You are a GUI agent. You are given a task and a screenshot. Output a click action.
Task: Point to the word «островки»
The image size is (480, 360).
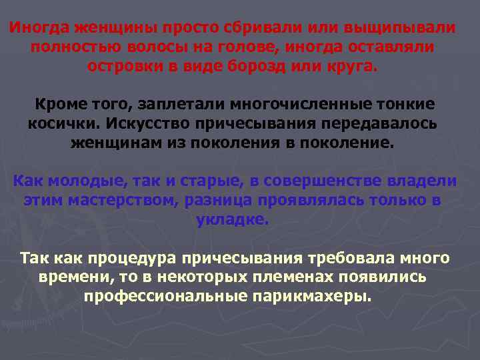pos(126,68)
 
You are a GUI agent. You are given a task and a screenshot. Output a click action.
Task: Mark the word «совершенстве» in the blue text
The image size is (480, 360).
pos(308,181)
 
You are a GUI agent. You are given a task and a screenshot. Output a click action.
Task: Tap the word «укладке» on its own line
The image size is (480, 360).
pos(233,219)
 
